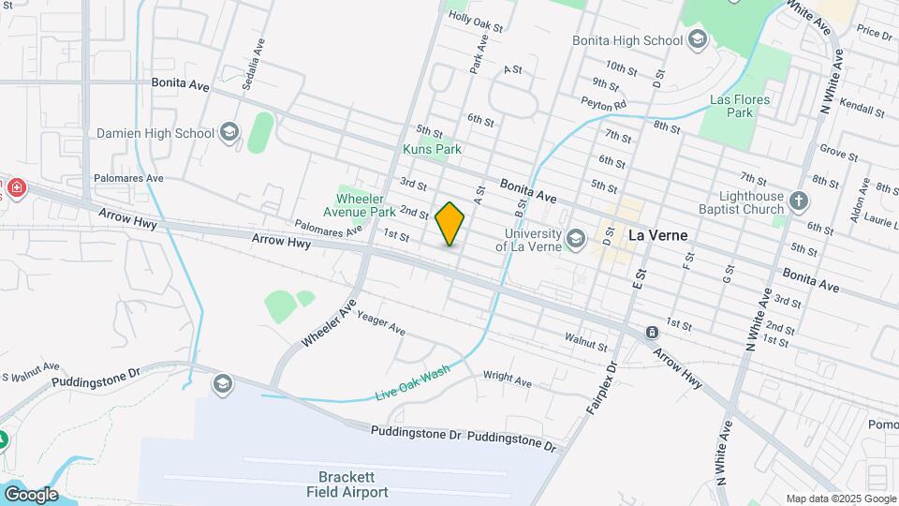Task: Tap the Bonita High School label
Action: tap(626, 40)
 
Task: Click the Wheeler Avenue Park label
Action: tap(366, 205)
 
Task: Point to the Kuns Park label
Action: tap(432, 149)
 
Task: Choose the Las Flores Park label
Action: tap(739, 106)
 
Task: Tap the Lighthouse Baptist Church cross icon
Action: tap(798, 201)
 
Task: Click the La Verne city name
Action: tap(657, 236)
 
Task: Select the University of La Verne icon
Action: tap(576, 240)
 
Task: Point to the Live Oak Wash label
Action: tap(413, 381)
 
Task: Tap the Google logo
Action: tap(30, 494)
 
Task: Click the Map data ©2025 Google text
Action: tap(839, 499)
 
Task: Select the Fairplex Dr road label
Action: tap(599, 389)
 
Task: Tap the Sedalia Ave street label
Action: tap(248, 65)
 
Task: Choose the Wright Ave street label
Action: tap(507, 379)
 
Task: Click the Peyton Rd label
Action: tap(602, 102)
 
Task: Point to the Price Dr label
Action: tap(873, 33)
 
